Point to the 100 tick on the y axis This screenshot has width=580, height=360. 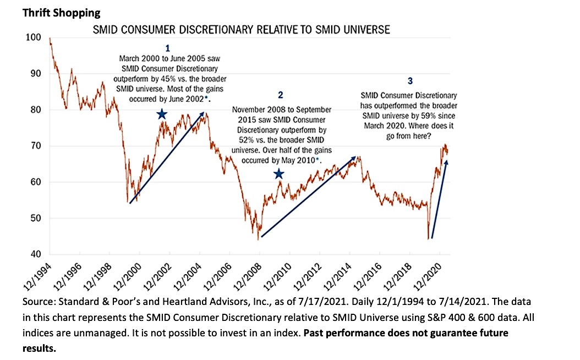coord(33,37)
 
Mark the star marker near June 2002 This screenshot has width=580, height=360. coord(162,114)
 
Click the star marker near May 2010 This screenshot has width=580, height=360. coord(279,174)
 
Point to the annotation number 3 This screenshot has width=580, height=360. coord(409,81)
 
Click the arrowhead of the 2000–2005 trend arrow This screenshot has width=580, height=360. coord(203,114)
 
